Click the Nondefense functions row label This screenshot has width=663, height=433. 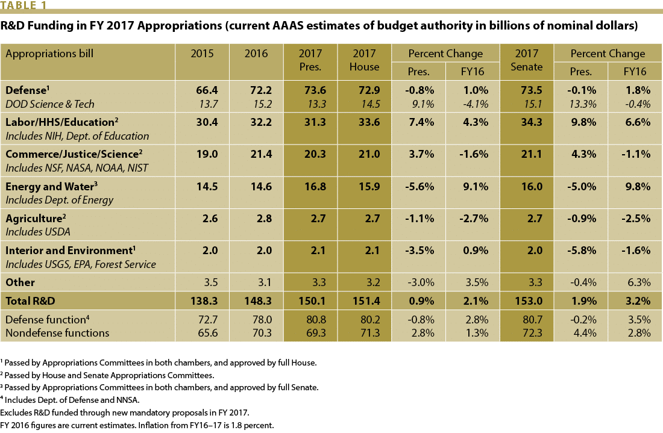[57, 332]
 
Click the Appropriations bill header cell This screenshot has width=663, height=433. [49, 54]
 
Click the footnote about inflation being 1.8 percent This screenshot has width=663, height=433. [138, 425]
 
